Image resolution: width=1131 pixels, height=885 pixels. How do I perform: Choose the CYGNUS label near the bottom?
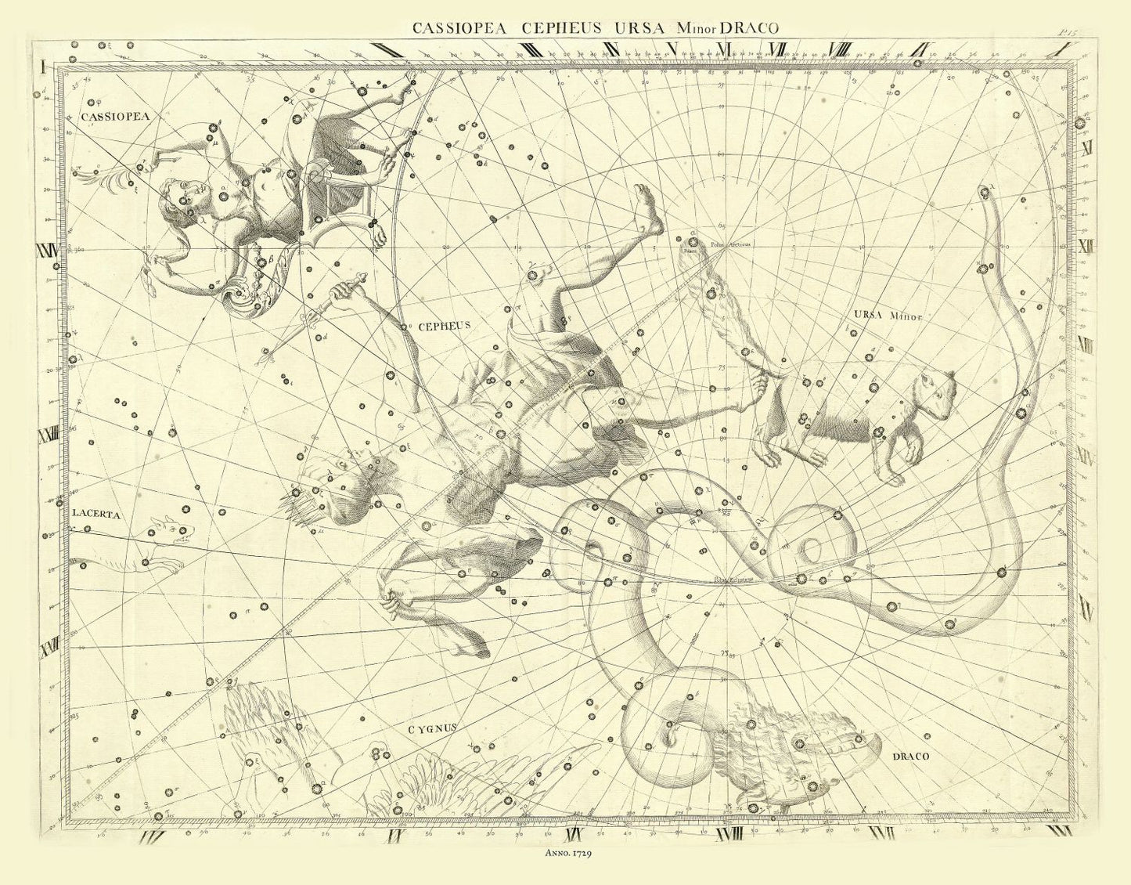(431, 728)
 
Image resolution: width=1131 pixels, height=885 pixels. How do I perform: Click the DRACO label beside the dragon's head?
(909, 757)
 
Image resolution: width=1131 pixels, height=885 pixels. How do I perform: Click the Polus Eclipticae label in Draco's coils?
(732, 580)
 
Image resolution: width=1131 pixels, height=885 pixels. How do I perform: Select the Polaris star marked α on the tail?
(693, 241)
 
